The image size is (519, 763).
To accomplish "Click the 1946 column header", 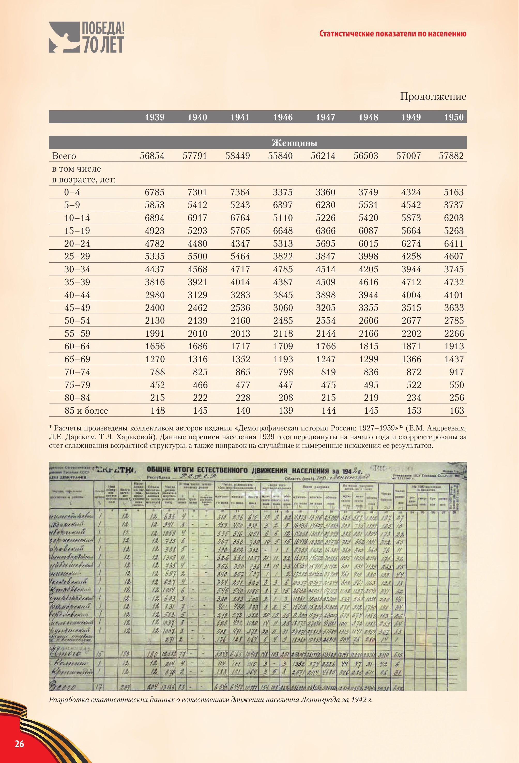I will pyautogui.click(x=283, y=117).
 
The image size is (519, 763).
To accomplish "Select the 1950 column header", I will pyautogui.click(x=454, y=117).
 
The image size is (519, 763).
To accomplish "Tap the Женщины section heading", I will pyautogui.click(x=294, y=143).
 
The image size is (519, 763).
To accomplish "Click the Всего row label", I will pyautogui.click(x=64, y=156).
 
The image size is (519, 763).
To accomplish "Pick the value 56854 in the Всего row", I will pyautogui.click(x=152, y=156).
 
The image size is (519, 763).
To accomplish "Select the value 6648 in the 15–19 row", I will pyautogui.click(x=283, y=231).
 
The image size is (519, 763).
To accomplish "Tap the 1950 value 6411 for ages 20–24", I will pyautogui.click(x=454, y=244).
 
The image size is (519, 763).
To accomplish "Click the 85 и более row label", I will pyautogui.click(x=86, y=411).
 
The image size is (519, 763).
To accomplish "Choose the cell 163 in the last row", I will pyautogui.click(x=457, y=411).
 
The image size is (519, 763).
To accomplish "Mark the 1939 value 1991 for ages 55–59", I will pyautogui.click(x=155, y=334).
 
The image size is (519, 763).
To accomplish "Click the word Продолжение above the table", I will pyautogui.click(x=433, y=97).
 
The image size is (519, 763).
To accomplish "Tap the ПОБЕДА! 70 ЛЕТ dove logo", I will pyautogui.click(x=86, y=37).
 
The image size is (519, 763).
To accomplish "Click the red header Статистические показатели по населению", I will pyautogui.click(x=393, y=34).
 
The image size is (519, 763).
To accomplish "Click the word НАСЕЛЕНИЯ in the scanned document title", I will pyautogui.click(x=310, y=471).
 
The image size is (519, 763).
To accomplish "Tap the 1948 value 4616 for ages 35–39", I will pyautogui.click(x=368, y=282).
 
